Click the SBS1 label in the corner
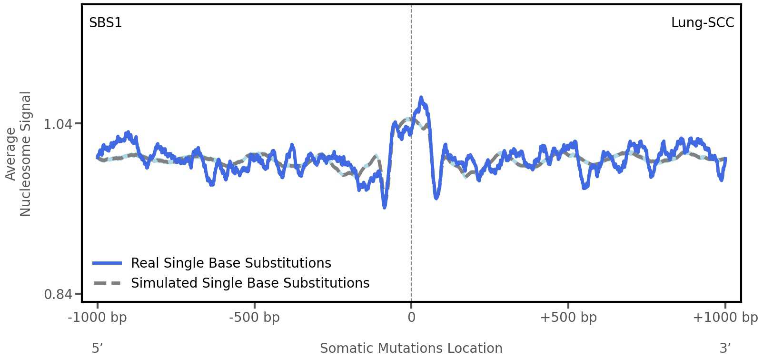coord(106,23)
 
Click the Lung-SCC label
coord(702,23)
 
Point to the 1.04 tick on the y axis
coord(58,124)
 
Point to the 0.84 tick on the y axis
coord(58,295)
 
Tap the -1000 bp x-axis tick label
coord(98,318)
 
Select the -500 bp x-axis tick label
coord(254,318)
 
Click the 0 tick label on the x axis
coord(411,318)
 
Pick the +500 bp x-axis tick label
coord(568,318)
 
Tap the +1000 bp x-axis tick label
coord(725,318)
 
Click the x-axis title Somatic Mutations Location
coord(411,348)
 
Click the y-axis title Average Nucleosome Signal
coord(18,154)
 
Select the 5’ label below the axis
coord(97,348)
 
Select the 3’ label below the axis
coord(725,348)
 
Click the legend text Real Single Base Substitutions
coord(231,263)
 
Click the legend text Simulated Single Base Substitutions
coord(250,283)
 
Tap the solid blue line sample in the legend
coord(108,263)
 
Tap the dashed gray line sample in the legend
coord(108,283)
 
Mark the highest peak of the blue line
coord(420,98)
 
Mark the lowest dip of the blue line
coord(385,207)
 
